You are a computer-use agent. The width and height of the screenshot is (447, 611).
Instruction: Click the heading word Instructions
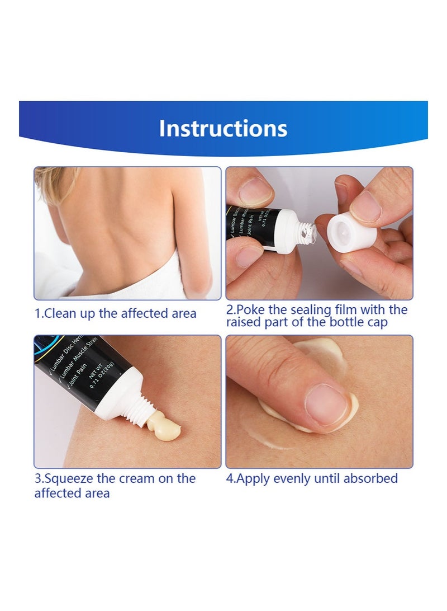(223, 128)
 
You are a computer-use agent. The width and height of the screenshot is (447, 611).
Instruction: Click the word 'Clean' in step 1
(60, 313)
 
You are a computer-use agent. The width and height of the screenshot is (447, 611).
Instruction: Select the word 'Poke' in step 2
(253, 309)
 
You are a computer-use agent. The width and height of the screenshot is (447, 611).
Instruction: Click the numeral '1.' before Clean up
(39, 313)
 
